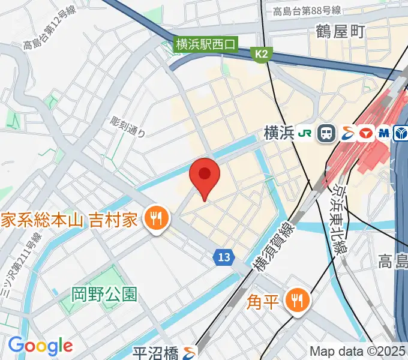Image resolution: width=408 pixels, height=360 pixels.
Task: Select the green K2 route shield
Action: coord(261,55)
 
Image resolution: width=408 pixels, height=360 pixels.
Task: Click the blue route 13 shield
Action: coord(223,257)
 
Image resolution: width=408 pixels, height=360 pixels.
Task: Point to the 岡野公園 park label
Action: coord(104,294)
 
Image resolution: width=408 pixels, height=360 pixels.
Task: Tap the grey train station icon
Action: coord(327,133)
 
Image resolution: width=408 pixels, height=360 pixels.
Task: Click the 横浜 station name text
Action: coord(278,133)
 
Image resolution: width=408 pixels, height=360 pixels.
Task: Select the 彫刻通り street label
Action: coord(127,126)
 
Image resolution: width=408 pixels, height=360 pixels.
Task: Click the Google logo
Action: coord(40,345)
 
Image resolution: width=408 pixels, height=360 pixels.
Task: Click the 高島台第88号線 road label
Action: coord(306,10)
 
